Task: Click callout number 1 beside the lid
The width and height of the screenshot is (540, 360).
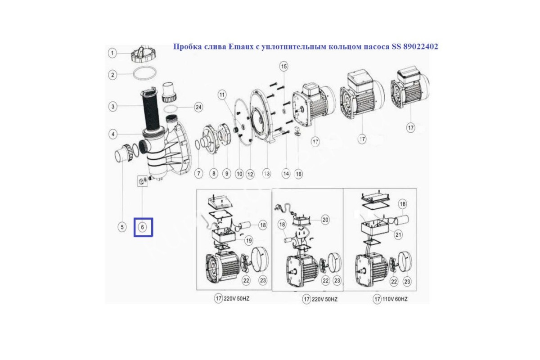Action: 112,53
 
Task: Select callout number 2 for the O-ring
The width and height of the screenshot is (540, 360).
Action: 112,75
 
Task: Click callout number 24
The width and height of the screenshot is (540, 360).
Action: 198,107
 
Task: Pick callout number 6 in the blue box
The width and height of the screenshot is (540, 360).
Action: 142,227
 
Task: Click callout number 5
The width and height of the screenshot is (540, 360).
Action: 122,227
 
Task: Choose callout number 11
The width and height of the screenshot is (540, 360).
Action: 222,95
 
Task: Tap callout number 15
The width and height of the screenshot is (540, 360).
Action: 284,66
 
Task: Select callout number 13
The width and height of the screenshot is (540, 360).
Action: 266,174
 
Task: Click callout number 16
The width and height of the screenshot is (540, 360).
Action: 298,174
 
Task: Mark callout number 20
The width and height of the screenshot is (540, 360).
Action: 325,220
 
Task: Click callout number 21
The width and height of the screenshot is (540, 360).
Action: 398,234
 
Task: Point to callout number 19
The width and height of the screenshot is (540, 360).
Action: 248,240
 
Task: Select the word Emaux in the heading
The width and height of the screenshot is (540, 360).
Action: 240,46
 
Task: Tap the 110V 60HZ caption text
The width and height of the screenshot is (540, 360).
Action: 395,299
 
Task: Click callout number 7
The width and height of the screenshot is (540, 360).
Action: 198,173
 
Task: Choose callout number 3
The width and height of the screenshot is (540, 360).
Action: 112,106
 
